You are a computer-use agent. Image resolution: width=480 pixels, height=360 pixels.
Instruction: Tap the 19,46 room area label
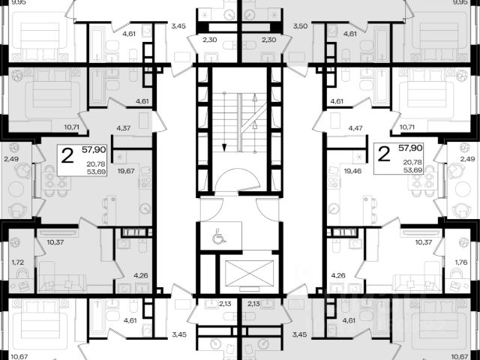click(352, 170)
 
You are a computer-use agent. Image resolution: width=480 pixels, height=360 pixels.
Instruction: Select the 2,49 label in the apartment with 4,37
click(10, 159)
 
